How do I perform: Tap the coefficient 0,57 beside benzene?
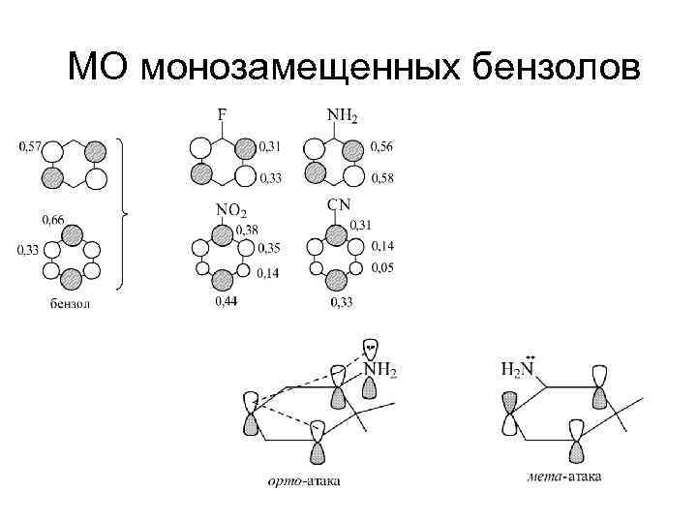29,147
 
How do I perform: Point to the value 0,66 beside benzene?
54,221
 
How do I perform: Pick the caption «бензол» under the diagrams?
70,303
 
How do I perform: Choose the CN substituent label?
339,204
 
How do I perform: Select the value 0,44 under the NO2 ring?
226,303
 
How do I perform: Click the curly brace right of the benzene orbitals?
123,213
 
